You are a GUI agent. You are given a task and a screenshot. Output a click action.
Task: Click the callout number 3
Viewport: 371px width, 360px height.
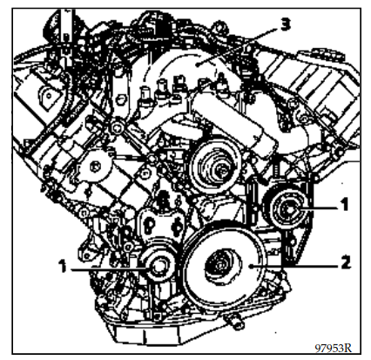285,25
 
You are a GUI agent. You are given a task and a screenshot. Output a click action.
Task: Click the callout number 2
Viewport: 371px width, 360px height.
345,262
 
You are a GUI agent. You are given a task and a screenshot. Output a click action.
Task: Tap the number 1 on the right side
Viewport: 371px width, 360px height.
344,205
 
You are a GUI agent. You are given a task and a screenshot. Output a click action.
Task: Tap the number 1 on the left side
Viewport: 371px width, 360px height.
63,266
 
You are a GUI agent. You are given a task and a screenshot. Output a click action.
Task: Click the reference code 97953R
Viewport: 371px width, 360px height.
334,348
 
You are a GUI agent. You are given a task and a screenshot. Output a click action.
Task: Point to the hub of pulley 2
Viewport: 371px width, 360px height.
219,265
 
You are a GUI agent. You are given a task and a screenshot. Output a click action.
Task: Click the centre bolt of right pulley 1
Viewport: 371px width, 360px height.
288,208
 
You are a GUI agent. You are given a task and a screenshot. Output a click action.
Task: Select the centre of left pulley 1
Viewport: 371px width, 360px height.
159,267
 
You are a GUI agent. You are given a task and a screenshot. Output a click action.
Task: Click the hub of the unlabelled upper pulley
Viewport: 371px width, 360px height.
222,172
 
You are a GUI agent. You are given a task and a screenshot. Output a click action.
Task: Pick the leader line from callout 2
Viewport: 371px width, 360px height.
294,265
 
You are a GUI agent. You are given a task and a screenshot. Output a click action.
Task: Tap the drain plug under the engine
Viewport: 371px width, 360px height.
234,323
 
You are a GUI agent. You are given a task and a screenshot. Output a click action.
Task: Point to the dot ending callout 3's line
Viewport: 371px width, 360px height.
198,65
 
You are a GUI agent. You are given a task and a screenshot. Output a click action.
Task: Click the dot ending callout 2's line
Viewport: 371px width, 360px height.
251,266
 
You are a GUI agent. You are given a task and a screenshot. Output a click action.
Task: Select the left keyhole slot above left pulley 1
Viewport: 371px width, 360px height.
150,226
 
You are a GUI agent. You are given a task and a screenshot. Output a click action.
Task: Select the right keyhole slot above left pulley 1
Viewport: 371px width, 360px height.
176,226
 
